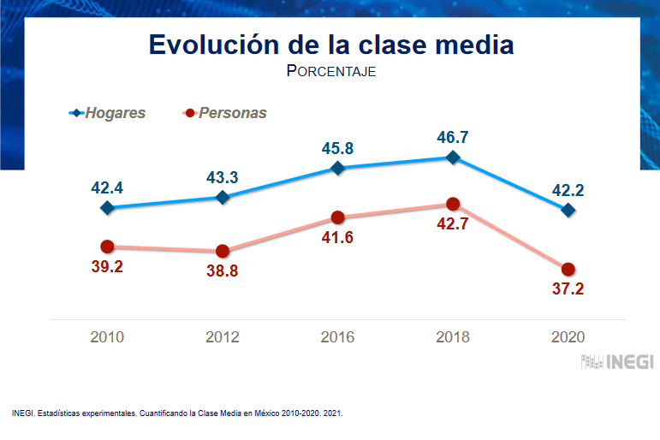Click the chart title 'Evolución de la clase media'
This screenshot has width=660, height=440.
pyautogui.click(x=330, y=45)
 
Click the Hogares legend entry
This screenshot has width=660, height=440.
pyautogui.click(x=108, y=113)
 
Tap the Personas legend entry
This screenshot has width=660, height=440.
pyautogui.click(x=225, y=113)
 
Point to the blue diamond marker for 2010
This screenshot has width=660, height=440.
pyautogui.click(x=108, y=207)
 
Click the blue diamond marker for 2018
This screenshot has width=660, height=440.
pyautogui.click(x=453, y=158)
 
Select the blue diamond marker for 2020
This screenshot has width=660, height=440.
pyautogui.click(x=568, y=210)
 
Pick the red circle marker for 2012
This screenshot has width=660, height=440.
pyautogui.click(x=223, y=251)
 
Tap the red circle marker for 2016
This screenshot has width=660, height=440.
pyautogui.click(x=337, y=217)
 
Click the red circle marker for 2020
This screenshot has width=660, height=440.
pyautogui.click(x=568, y=269)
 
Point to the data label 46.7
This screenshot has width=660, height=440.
pyautogui.click(x=453, y=135)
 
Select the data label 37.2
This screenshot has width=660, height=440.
pyautogui.click(x=567, y=289)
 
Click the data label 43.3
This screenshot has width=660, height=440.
pyautogui.click(x=223, y=177)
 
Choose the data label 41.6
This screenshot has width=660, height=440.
pyautogui.click(x=337, y=239)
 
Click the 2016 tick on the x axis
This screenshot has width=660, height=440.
pyautogui.click(x=337, y=336)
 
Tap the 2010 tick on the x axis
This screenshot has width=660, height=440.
pyautogui.click(x=108, y=336)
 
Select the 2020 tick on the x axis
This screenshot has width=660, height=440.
pyautogui.click(x=568, y=336)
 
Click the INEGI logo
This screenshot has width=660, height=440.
pyautogui.click(x=617, y=362)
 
